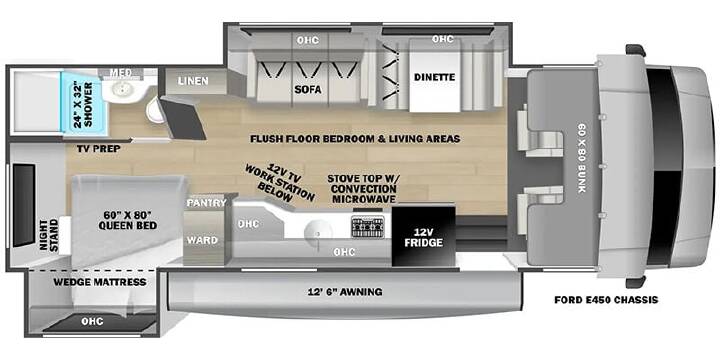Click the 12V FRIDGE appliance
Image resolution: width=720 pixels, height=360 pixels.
tap(423, 236)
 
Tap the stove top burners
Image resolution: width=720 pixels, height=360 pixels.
tap(367, 227)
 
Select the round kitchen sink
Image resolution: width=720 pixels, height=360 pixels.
tap(319, 231)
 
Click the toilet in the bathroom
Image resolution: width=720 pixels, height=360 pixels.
tap(156, 111)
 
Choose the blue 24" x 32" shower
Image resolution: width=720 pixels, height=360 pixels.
tap(84, 103)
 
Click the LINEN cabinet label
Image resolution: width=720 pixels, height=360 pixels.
tap(193, 81)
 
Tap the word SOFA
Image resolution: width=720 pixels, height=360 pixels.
tap(308, 90)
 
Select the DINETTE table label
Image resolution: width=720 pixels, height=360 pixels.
tap(434, 77)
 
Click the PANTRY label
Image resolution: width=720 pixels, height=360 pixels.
tap(207, 203)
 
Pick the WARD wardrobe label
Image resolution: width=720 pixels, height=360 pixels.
tap(202, 240)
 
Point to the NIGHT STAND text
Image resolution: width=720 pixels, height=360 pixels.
tap(49, 236)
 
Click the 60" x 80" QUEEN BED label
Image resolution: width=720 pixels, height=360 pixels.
tap(128, 220)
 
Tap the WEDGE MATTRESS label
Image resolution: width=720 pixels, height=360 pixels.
tap(100, 282)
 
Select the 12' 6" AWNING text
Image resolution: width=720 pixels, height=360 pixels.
tap(345, 292)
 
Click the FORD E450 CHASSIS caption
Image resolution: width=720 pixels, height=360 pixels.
tap(606, 300)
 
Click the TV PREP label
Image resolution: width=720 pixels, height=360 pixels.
tap(99, 149)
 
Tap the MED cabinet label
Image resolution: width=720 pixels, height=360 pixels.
tap(121, 73)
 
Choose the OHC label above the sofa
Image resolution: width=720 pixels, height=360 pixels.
tap(308, 40)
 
